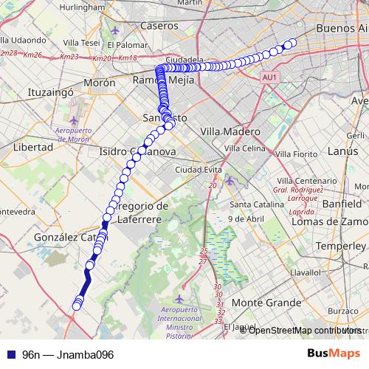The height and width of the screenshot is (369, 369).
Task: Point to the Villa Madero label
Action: (x=230, y=131)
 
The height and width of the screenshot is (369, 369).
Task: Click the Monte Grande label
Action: (x=266, y=303)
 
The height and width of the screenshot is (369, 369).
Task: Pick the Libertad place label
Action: (x=33, y=147)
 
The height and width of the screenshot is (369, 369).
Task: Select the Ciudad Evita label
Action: (x=199, y=170)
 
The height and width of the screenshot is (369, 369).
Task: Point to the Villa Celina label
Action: (x=244, y=148)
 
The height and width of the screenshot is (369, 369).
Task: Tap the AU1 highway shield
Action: (x=269, y=76)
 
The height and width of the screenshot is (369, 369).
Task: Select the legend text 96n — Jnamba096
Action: (x=68, y=354)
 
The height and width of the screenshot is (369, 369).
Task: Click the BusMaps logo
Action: (x=336, y=354)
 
